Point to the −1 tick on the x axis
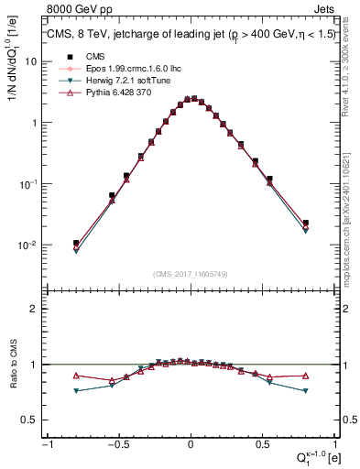[x=47, y=444]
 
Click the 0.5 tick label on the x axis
[x=264, y=444]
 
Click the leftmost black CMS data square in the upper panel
[x=77, y=244]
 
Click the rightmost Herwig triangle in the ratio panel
[x=306, y=391]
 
